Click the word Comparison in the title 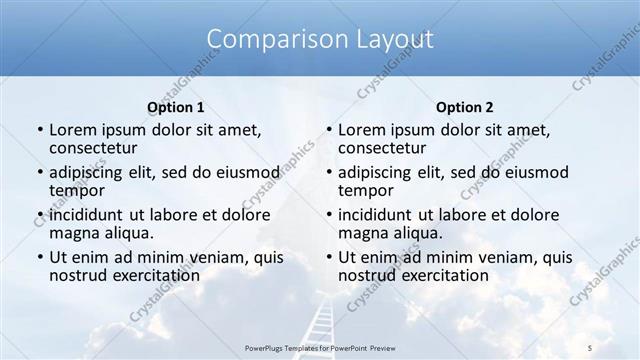click(267, 39)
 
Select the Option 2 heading click(465, 107)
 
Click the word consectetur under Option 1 click(95, 149)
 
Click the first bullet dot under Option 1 click(39, 130)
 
